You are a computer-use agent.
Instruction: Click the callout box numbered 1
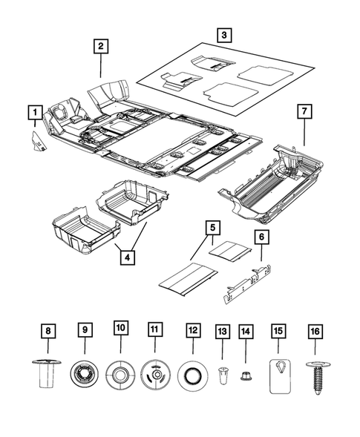(33, 113)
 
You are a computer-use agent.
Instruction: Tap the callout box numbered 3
(223, 33)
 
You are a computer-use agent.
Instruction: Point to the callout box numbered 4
(128, 257)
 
